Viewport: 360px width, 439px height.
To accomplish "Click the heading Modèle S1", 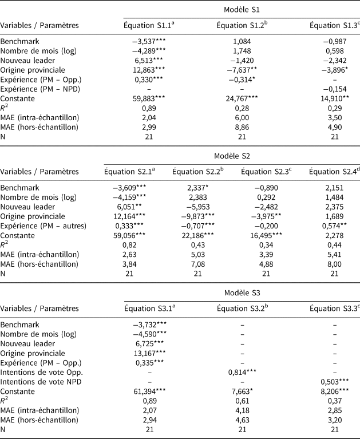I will (242, 9).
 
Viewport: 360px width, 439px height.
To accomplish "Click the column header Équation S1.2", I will (241, 25).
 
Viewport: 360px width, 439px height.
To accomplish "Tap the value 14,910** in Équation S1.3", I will (335, 98).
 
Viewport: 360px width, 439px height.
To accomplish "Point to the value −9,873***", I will (197, 216).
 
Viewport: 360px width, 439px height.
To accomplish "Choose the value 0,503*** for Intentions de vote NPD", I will (335, 381).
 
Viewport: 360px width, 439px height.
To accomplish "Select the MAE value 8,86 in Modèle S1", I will (241, 126).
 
